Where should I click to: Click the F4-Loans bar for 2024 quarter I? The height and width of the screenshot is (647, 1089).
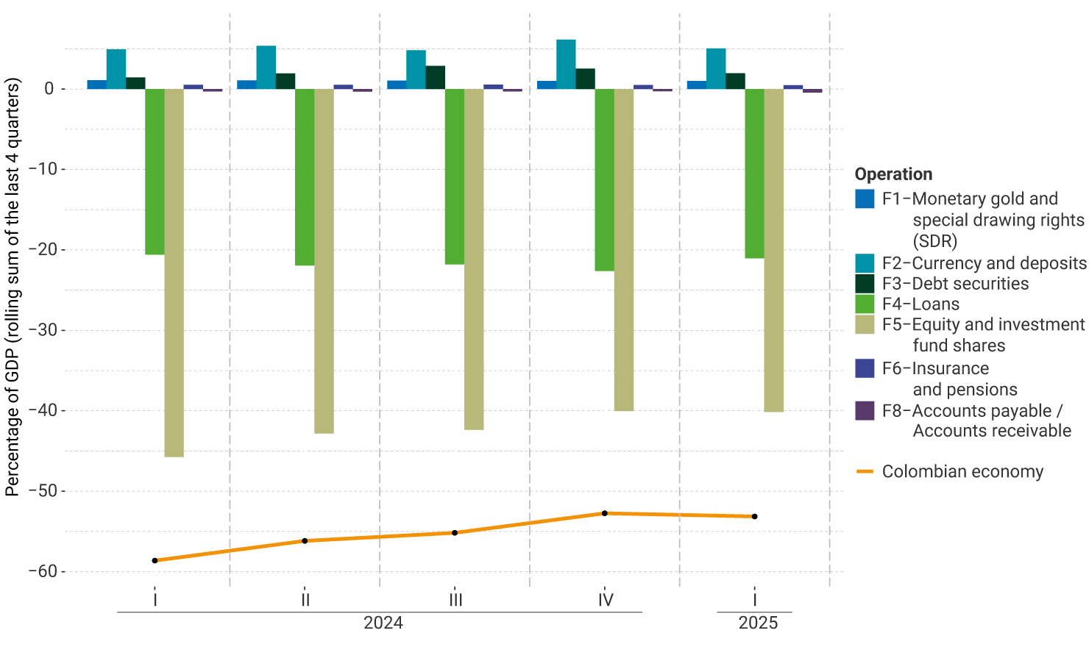155,172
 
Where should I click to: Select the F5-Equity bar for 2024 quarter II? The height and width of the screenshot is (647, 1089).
324,261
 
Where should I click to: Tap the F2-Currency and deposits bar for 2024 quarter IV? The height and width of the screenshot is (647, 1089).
566,65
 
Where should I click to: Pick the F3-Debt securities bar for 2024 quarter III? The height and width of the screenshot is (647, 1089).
435,77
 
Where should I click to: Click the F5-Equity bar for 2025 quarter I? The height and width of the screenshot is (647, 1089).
773,250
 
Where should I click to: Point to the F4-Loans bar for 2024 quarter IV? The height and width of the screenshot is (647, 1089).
604,180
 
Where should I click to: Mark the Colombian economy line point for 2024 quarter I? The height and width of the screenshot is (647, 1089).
155,560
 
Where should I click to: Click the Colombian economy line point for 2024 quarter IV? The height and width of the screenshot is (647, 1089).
605,513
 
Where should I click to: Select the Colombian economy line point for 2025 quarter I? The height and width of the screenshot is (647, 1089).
755,516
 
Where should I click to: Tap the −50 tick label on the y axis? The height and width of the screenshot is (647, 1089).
42,490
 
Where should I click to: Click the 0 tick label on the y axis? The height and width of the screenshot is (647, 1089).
49,89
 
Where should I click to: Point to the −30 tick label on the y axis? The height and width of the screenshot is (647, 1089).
42,330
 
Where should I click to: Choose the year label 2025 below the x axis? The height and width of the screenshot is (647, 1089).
758,623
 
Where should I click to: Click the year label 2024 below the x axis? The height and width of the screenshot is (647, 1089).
383,623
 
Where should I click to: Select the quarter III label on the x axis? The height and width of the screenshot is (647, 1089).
455,600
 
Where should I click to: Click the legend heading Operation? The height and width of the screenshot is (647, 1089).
893,174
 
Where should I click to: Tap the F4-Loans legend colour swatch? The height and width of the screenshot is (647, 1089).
865,304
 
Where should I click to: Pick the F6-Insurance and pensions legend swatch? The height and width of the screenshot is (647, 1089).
865,368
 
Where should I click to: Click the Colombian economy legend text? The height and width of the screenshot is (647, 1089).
962,471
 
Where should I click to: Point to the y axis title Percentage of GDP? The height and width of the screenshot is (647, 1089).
13,287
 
